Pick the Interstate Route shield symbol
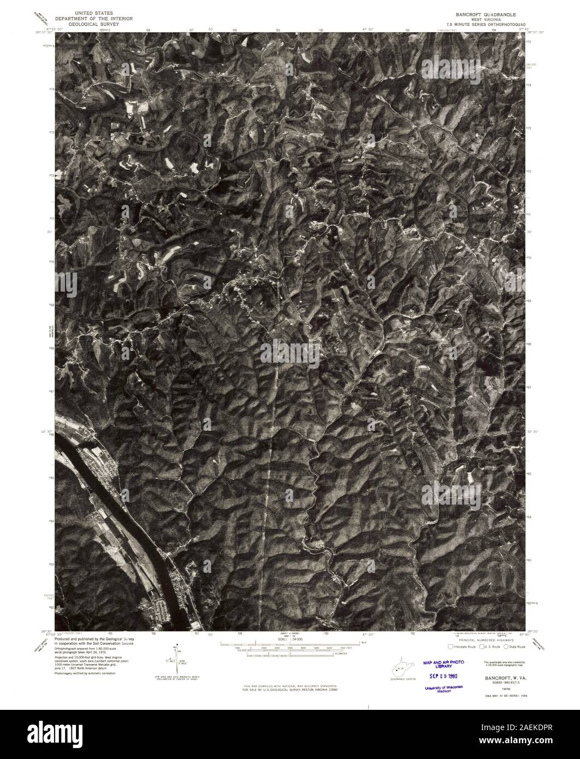(x=450, y=647)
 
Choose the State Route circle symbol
(x=506, y=647)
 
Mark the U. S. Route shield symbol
(x=481, y=647)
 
